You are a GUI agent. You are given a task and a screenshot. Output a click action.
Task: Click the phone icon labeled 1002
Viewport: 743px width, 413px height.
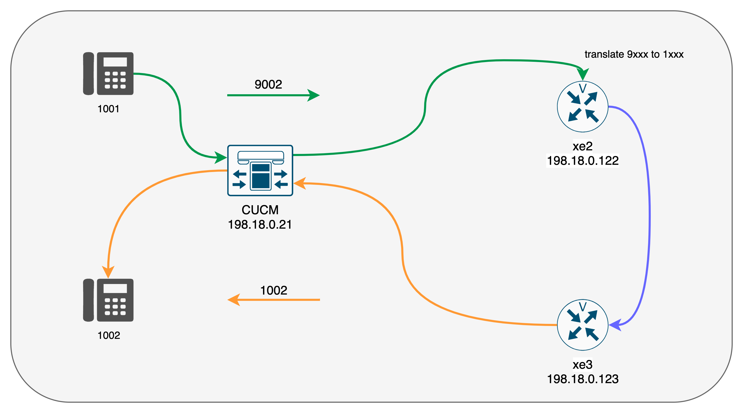point(108,300)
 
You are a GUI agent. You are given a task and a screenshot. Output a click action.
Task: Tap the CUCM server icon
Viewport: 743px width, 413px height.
point(260,170)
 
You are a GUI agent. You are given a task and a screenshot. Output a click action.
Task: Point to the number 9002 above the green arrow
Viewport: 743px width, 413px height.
point(268,84)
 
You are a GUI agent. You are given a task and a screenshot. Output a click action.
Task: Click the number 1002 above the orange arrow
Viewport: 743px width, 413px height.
point(273,290)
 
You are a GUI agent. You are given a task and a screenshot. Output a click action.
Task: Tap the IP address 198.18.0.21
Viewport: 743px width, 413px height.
point(260,225)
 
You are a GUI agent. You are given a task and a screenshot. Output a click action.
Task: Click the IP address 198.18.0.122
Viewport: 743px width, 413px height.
point(583,160)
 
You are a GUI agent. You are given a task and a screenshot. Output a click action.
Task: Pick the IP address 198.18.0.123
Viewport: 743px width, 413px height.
point(583,379)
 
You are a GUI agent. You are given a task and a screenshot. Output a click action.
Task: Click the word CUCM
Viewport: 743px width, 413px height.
point(260,210)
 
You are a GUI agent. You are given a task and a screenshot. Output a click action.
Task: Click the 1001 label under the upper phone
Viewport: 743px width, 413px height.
point(108,109)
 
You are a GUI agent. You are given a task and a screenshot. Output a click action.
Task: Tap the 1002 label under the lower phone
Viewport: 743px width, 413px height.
point(108,335)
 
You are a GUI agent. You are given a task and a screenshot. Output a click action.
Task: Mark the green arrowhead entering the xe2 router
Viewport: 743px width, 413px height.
point(583,74)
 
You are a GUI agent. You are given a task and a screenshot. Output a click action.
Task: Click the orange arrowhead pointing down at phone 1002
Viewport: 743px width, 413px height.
point(108,272)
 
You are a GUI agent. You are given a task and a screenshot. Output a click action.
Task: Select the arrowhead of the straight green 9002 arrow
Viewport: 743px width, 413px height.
point(314,95)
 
